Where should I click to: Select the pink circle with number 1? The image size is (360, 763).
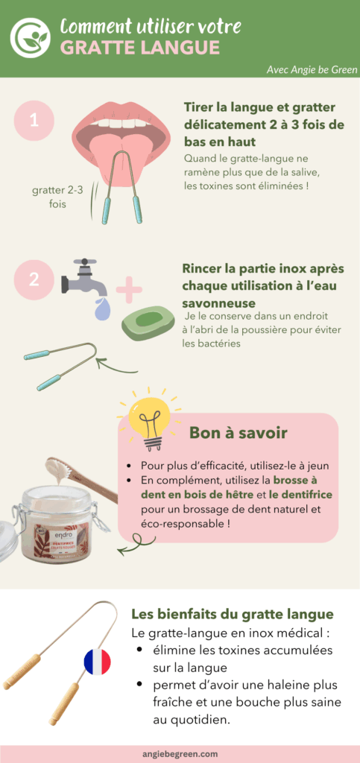[34, 120]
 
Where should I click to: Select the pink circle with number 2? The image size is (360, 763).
[34, 280]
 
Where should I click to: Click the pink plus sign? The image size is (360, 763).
[130, 289]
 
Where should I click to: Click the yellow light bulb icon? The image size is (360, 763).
[149, 417]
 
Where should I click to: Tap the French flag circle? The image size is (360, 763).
[98, 662]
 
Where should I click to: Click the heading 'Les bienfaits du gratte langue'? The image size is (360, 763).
[232, 615]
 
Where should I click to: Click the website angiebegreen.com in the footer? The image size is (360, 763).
[179, 753]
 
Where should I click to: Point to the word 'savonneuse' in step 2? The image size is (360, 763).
[218, 304]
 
